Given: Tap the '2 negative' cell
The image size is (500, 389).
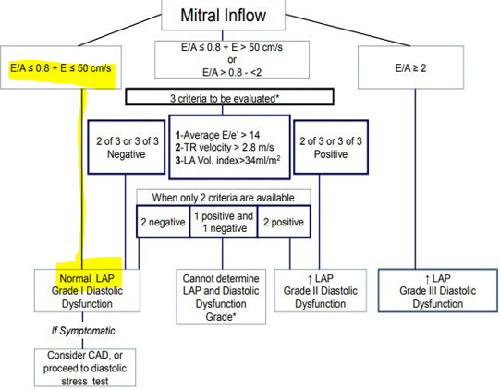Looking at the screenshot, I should click(162, 222).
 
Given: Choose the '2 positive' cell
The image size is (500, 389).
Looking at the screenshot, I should click(282, 222).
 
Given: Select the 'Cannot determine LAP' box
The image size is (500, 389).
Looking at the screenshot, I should click(220, 297).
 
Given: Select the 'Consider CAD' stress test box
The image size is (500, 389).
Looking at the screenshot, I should click(85, 368).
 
